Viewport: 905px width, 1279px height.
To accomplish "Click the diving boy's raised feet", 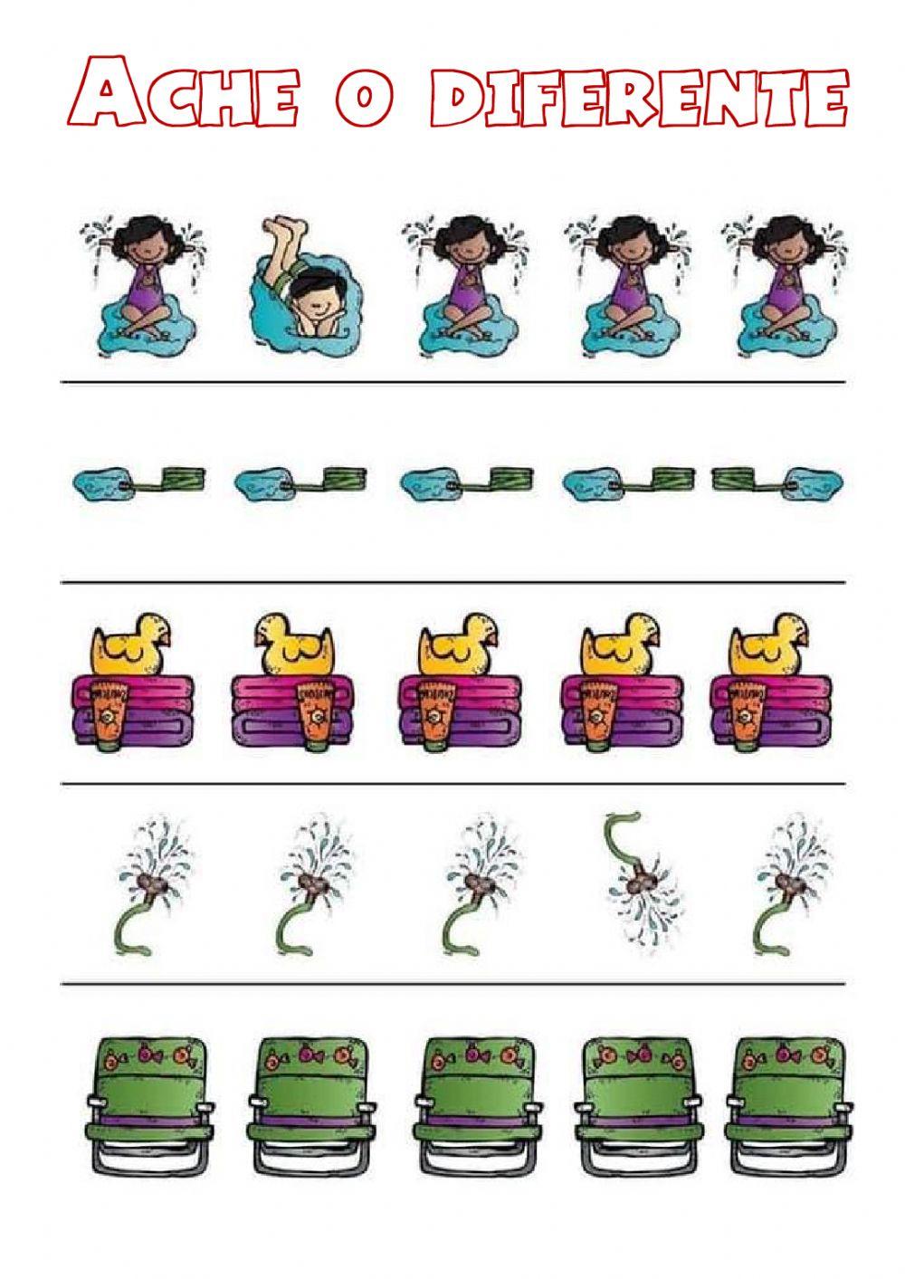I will coord(284,230).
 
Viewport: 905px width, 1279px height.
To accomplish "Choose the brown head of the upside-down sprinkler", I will coord(643,878).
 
